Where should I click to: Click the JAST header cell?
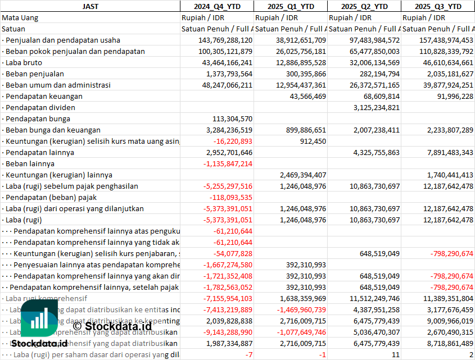click(90, 6)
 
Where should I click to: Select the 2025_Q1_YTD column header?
click(290, 6)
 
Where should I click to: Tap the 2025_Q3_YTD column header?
click(438, 6)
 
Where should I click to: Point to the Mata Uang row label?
click(20, 17)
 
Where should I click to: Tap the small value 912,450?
click(313, 141)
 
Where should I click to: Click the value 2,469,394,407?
click(298, 175)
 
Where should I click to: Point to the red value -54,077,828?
click(233, 253)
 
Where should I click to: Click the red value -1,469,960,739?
click(298, 309)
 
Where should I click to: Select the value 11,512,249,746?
click(372, 298)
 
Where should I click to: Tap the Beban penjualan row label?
click(35, 74)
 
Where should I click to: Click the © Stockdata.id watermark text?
click(112, 325)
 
